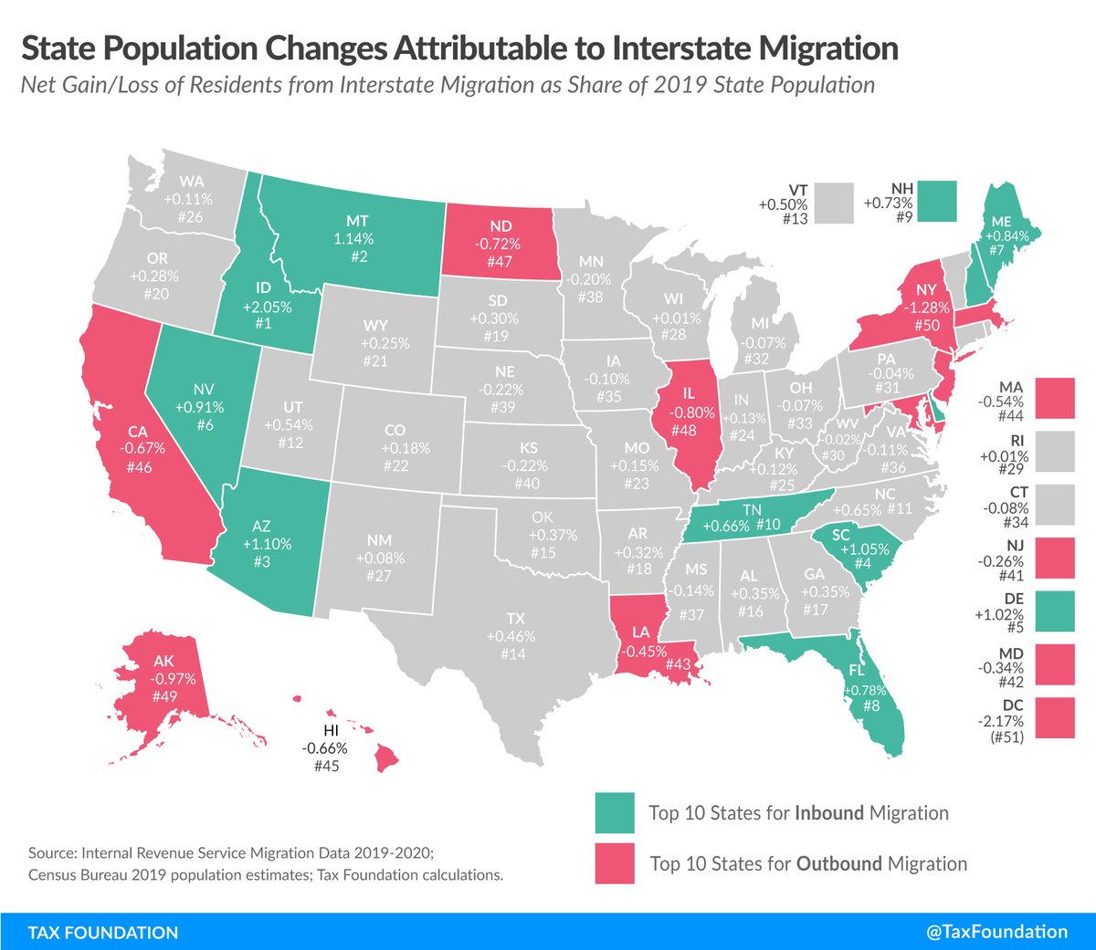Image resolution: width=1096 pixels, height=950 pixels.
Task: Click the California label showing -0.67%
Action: tap(139, 448)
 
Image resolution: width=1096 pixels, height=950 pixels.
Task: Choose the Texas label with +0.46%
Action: tap(511, 636)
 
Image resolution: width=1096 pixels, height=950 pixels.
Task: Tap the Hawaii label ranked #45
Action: tap(325, 748)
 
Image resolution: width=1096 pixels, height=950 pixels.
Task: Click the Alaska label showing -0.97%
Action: tap(164, 678)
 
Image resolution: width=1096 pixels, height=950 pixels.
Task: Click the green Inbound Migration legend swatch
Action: tap(615, 812)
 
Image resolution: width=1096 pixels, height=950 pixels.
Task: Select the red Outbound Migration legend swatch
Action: tap(615, 863)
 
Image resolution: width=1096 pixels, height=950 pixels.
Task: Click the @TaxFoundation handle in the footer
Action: tap(996, 932)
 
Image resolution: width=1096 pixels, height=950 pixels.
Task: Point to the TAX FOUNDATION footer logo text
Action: tap(103, 933)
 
